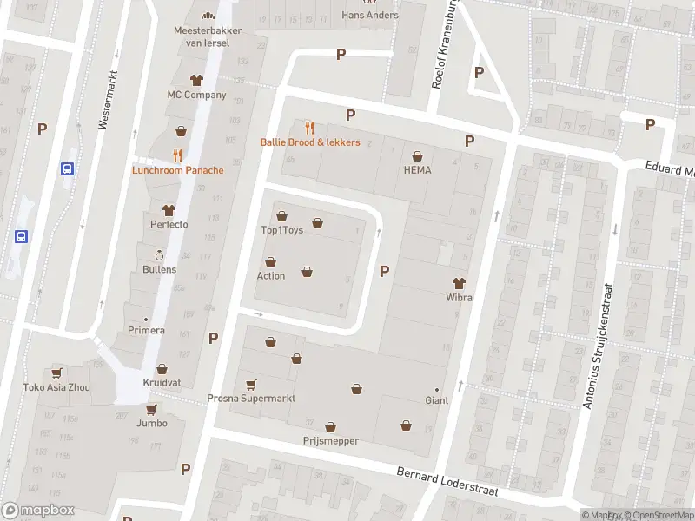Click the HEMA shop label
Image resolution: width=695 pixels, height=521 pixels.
(x=417, y=170)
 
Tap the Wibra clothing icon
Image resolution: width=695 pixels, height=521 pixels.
(x=459, y=283)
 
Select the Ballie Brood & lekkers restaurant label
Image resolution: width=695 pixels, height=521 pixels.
(x=310, y=142)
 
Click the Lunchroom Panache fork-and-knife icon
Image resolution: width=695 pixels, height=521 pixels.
(x=177, y=155)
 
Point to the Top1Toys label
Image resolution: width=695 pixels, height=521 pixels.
(x=280, y=230)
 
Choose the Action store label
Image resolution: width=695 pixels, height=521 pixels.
(x=270, y=276)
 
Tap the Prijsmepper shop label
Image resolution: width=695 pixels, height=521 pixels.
(x=330, y=441)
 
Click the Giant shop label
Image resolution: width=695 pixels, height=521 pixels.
(x=436, y=400)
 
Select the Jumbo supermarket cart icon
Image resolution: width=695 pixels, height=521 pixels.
(x=151, y=409)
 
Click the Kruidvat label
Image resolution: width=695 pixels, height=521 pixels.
(x=162, y=383)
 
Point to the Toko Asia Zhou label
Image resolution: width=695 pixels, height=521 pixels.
(x=56, y=387)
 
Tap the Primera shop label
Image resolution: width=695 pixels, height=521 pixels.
(x=146, y=330)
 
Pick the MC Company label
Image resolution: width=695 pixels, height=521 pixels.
(x=196, y=95)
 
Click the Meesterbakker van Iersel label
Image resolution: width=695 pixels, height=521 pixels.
(x=207, y=36)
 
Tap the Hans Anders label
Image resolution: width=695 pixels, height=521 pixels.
(x=370, y=15)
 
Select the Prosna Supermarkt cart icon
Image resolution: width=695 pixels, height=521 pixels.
(x=251, y=385)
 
